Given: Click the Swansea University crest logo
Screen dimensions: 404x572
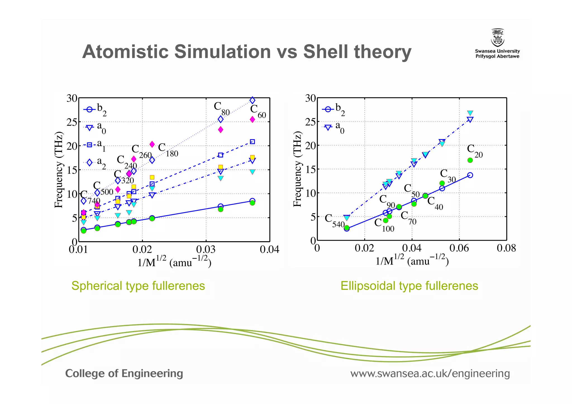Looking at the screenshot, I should tap(497, 38).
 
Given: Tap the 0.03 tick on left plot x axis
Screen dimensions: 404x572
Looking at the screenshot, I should tap(206, 249).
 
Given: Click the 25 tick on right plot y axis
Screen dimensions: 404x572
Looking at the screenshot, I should tap(311, 122).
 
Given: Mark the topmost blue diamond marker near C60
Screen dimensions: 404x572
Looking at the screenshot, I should tap(252, 100).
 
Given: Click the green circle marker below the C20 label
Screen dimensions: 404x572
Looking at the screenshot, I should tap(470, 160).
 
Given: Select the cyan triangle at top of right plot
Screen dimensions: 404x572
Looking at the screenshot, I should tap(470, 113).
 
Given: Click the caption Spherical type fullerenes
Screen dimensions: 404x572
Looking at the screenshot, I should tap(138, 286).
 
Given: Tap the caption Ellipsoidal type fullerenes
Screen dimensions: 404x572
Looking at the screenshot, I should tap(409, 286).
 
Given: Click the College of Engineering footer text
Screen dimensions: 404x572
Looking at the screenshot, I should tap(124, 374).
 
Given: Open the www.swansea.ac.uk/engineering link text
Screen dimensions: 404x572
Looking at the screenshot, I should tap(430, 374).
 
